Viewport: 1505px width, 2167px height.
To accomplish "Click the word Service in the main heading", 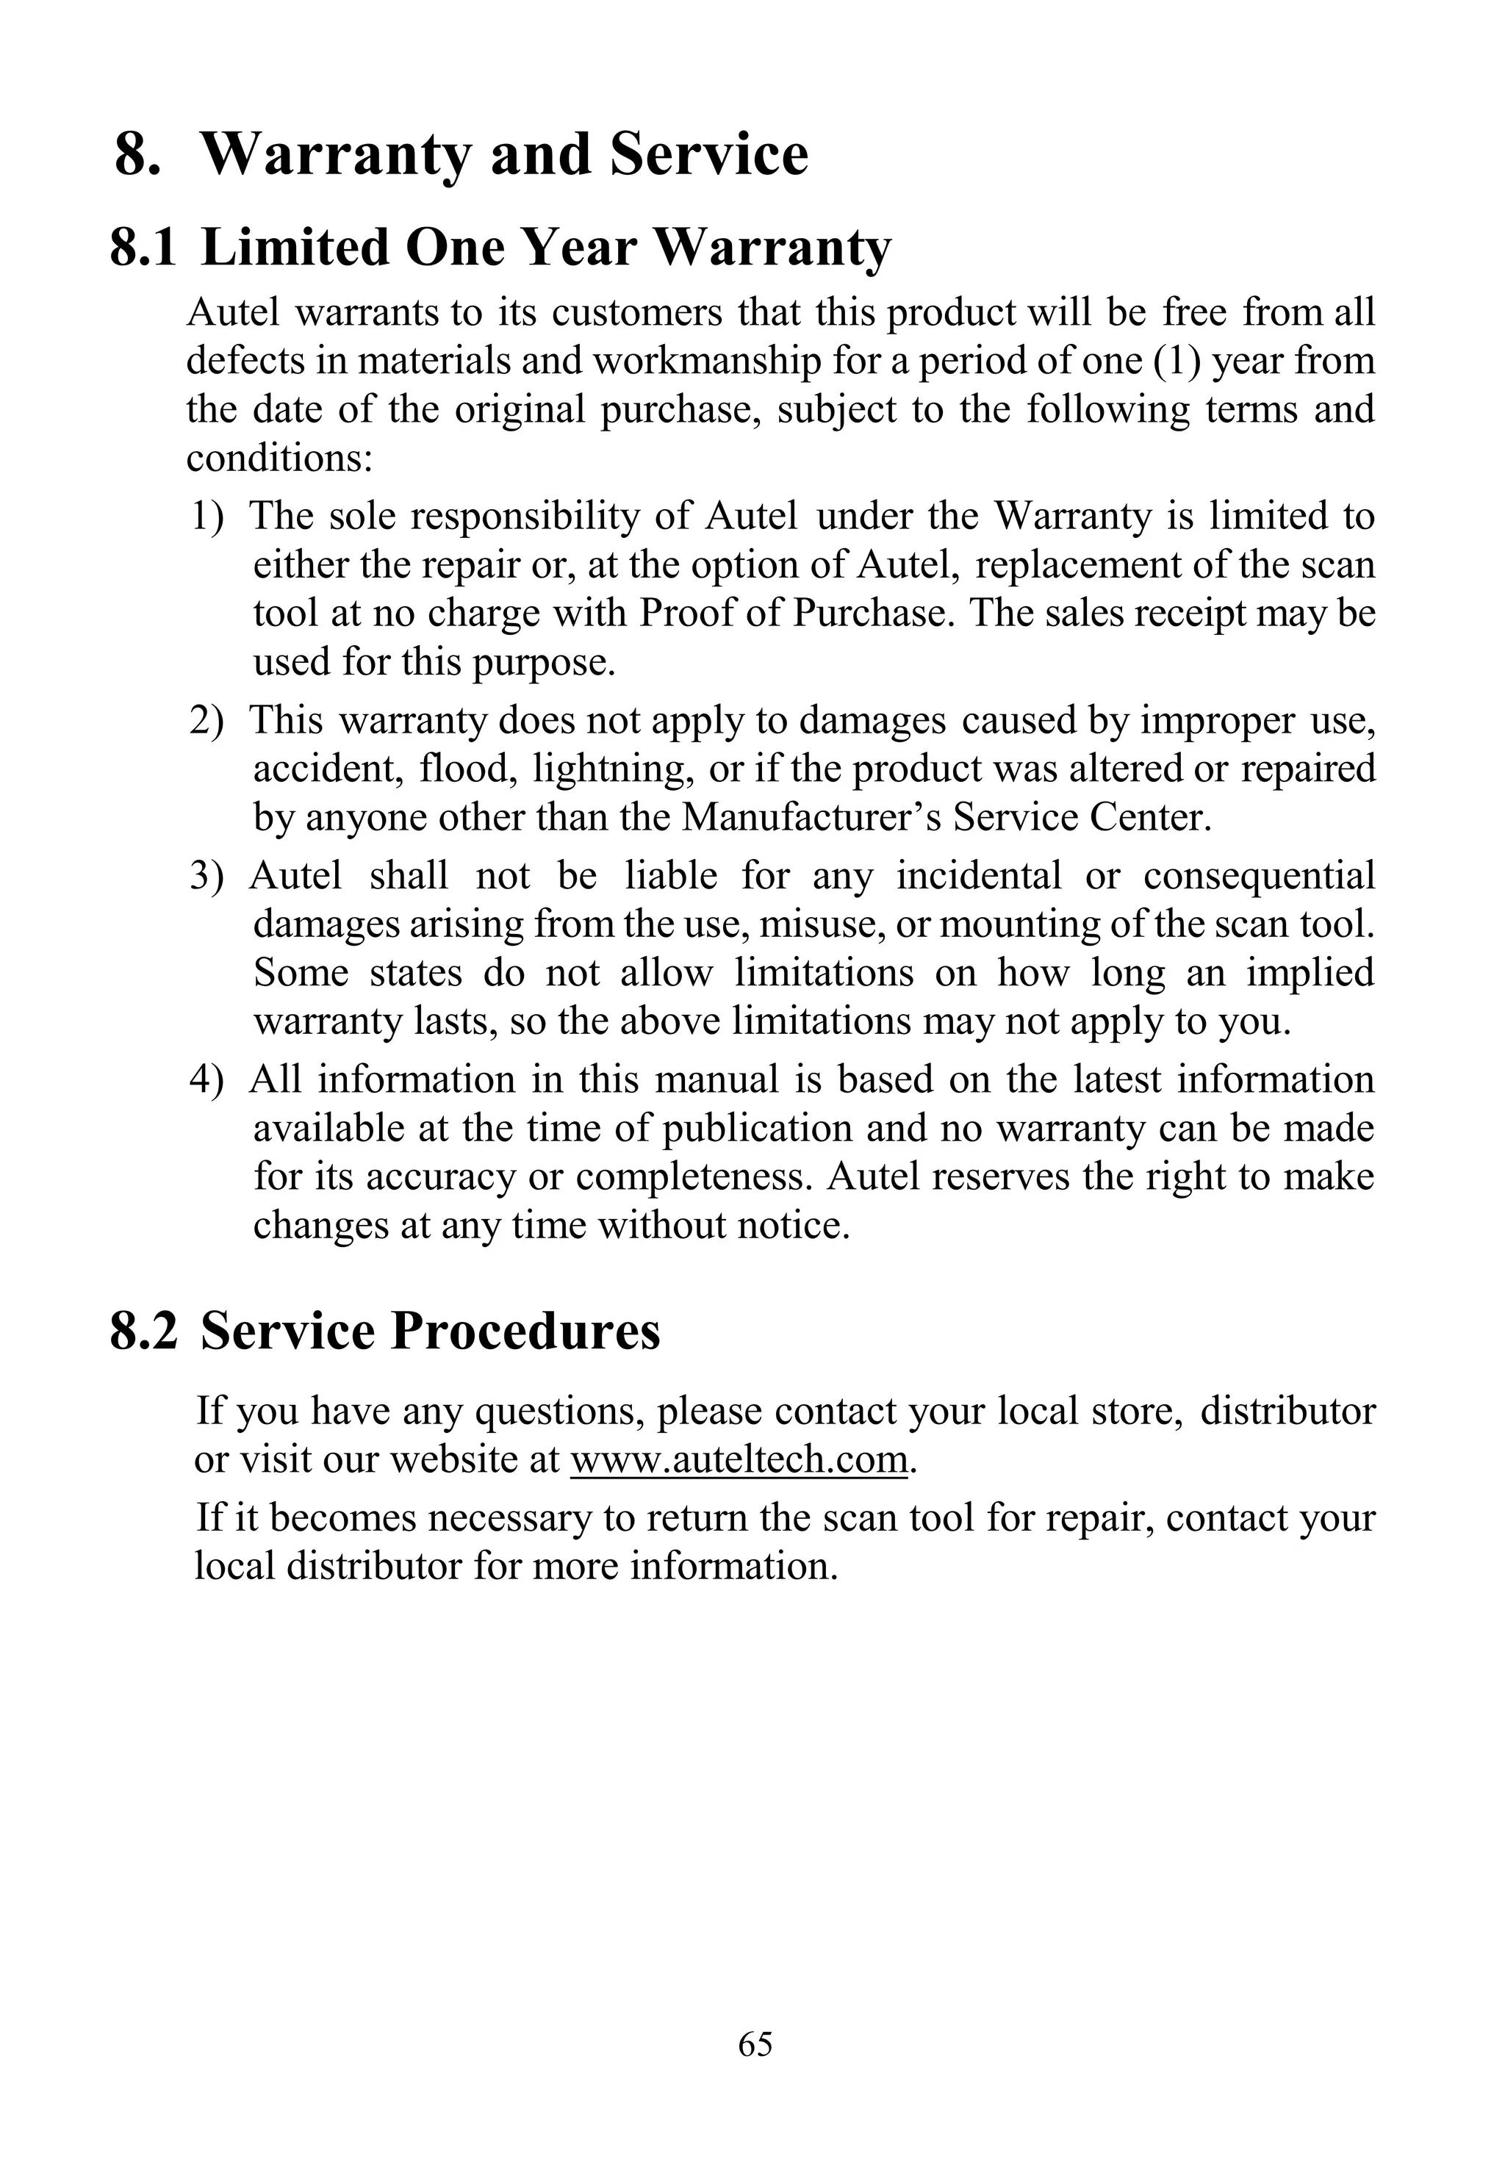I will [x=708, y=154].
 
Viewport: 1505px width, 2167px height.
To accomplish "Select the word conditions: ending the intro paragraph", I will [x=280, y=459].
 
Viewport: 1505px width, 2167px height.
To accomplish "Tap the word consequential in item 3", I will [x=1259, y=876].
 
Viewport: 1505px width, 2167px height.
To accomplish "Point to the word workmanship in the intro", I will [x=706, y=362].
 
